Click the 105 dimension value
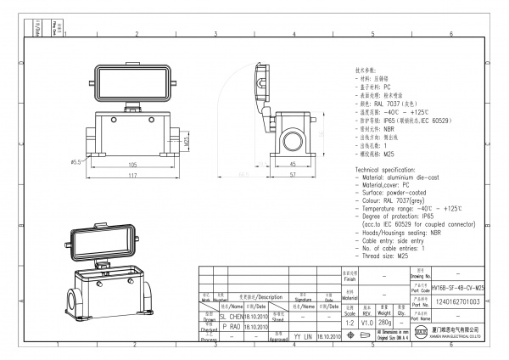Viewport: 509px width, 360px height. tap(131, 165)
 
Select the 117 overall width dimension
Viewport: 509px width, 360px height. tap(131, 177)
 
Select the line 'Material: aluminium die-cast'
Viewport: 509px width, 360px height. tap(406, 177)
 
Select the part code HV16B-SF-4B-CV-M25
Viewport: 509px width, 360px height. tap(457, 290)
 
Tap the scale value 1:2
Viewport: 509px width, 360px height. tap(350, 323)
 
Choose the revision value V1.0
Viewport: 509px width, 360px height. tap(367, 323)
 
